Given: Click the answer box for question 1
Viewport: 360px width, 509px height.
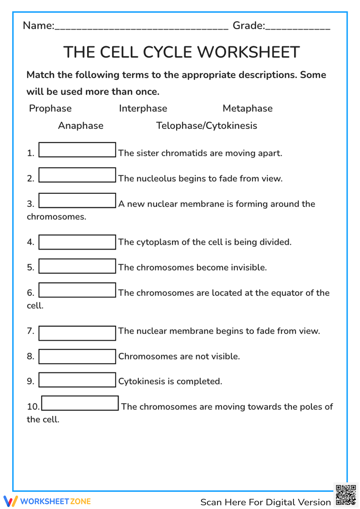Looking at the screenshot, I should (77, 150).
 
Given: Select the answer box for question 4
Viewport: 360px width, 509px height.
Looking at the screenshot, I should (77, 242).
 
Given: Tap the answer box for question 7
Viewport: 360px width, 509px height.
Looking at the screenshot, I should (77, 333).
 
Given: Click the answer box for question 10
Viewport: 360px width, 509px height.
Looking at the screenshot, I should (80, 403).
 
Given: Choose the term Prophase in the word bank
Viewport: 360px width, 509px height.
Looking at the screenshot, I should (50, 108).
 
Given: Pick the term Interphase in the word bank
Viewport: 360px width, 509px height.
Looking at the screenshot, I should (143, 108).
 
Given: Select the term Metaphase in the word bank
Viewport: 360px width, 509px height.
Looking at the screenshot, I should (247, 108).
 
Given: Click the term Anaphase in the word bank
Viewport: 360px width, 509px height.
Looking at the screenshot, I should (81, 126).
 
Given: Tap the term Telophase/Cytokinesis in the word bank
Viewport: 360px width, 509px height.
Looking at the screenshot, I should (206, 126).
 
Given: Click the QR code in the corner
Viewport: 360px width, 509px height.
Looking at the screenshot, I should (346, 495).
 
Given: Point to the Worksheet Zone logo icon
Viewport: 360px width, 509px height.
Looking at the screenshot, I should (10, 501).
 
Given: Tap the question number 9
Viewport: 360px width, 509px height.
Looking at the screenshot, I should (30, 381).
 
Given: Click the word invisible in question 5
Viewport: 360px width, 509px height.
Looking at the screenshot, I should (248, 267).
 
